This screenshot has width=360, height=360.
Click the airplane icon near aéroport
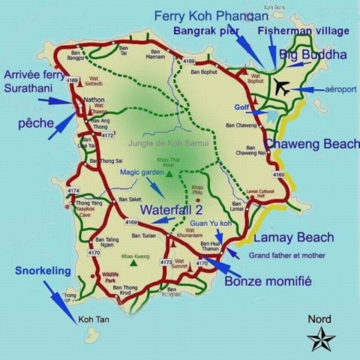282,87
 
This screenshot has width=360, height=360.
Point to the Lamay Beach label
293,238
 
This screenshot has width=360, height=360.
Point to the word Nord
319,319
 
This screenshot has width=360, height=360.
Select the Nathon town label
94,99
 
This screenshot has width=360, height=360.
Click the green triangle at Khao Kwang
133,263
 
